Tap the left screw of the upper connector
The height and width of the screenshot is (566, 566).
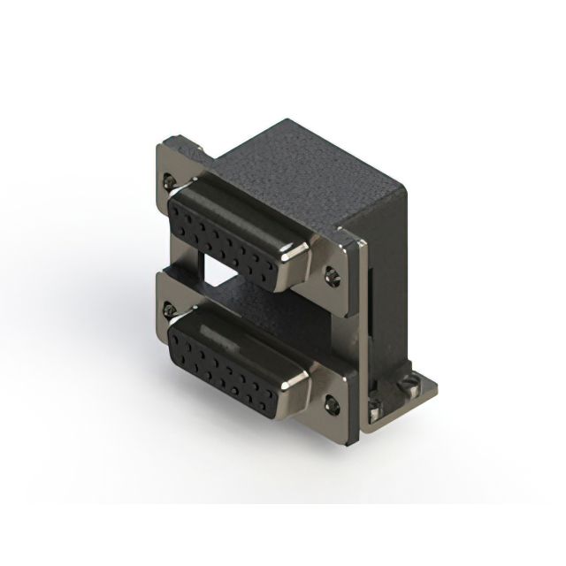point(171,182)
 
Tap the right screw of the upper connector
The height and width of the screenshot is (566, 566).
point(333,275)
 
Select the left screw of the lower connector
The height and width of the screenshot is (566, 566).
point(169,310)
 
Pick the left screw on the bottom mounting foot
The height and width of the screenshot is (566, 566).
point(377,409)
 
